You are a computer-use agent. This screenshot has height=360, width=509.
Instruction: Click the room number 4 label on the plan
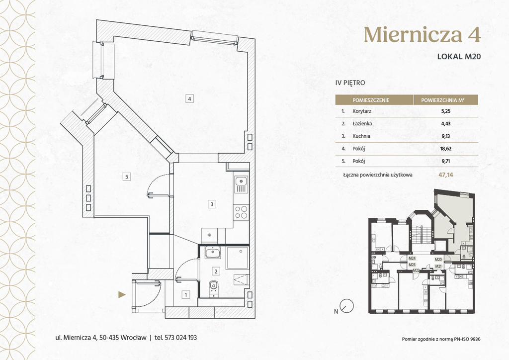click(189, 98)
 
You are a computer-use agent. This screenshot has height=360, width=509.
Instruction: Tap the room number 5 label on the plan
click(127, 177)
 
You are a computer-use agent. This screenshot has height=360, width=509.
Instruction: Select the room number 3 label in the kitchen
click(212, 204)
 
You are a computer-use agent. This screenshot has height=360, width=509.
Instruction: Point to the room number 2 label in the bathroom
click(216, 271)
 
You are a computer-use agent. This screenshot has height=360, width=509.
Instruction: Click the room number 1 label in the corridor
click(186, 295)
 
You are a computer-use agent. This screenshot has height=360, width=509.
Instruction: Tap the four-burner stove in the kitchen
click(241, 212)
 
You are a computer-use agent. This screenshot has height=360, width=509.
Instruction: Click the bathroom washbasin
click(213, 253)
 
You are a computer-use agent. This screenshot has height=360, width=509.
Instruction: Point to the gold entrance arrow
click(122, 295)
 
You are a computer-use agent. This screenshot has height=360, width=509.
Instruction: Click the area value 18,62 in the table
click(445, 149)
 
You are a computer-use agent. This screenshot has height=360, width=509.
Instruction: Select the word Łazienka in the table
click(362, 124)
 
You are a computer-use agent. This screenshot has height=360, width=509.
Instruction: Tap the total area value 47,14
click(446, 175)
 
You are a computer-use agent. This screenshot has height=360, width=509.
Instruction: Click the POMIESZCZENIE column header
click(371, 100)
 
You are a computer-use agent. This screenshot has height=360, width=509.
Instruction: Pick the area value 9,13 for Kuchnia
click(445, 136)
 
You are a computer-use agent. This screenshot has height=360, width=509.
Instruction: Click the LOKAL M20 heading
click(459, 56)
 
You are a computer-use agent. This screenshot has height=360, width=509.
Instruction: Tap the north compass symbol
click(347, 306)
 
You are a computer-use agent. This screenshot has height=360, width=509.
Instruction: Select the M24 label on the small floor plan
click(412, 259)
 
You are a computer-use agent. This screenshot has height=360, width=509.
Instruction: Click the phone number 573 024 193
click(181, 338)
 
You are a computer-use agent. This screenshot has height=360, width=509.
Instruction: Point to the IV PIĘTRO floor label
click(350, 83)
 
